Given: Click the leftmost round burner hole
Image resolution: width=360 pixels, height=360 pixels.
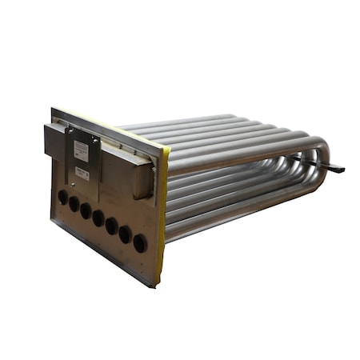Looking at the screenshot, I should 62,197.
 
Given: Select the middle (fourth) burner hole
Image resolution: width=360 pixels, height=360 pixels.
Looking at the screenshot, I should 98,218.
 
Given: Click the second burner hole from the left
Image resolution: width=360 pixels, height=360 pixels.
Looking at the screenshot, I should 74,204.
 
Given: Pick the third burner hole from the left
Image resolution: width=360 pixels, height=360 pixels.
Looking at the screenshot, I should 86,210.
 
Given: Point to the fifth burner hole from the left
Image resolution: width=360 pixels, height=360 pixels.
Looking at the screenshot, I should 112,226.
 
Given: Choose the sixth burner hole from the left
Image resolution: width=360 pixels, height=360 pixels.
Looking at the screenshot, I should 126,234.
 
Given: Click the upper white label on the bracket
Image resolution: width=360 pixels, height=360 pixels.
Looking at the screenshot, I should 81,150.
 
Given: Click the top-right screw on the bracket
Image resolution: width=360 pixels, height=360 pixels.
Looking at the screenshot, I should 95,141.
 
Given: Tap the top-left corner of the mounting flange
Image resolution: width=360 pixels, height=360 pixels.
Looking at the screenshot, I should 53,110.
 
